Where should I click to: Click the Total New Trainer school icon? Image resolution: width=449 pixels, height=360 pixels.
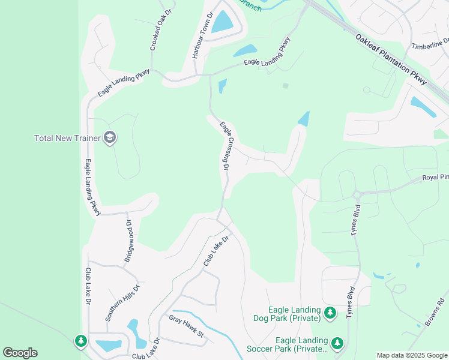109,138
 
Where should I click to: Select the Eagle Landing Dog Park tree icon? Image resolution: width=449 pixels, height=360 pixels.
330,313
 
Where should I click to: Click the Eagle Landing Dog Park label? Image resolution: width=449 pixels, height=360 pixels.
294,314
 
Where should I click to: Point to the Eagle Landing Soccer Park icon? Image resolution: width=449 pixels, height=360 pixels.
337,343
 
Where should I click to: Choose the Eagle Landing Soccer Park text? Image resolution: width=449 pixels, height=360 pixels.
287,344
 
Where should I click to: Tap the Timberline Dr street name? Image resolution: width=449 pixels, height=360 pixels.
430,44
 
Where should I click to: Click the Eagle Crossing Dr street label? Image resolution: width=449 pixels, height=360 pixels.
224,146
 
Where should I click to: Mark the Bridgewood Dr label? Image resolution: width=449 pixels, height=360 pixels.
129,241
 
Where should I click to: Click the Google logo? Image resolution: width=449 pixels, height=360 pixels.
20,353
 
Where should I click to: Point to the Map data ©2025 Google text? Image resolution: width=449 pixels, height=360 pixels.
411,355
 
